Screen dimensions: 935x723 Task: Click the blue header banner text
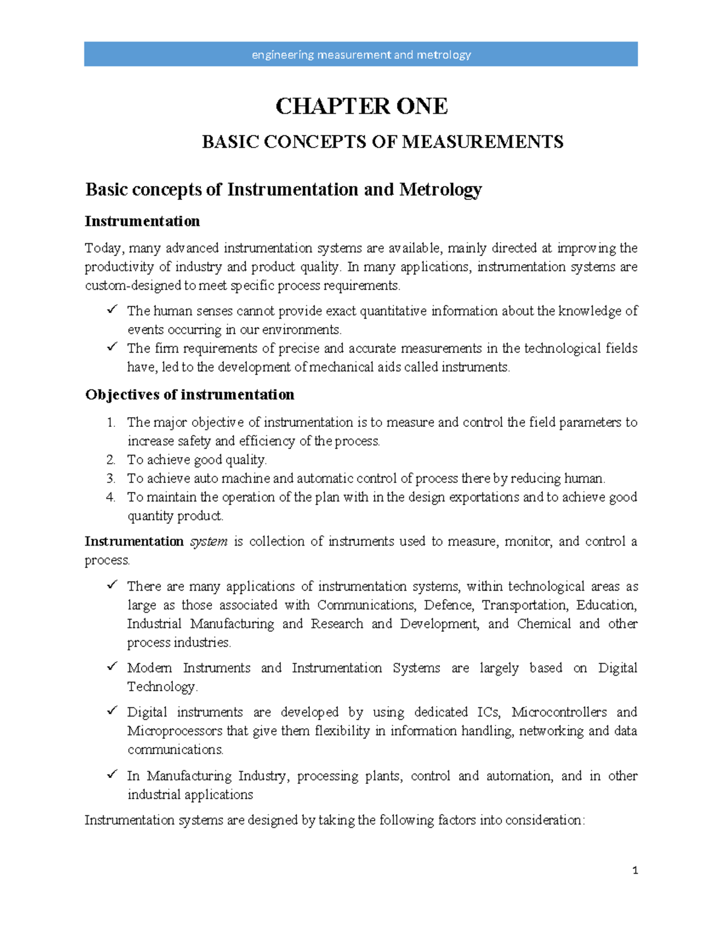click(361, 55)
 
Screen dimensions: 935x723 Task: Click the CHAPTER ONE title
click(361, 107)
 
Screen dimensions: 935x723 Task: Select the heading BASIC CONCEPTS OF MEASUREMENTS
click(383, 142)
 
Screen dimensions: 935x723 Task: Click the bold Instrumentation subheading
click(142, 222)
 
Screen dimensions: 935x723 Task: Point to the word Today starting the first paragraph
click(103, 248)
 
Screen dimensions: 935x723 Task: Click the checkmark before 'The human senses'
click(112, 309)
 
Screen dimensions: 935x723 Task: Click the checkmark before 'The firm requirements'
click(112, 347)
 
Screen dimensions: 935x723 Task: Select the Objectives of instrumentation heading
click(190, 395)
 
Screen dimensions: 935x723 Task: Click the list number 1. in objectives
click(111, 423)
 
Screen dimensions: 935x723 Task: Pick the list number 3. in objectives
click(111, 479)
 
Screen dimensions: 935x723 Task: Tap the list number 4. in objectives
click(111, 497)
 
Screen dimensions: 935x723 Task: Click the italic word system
click(208, 542)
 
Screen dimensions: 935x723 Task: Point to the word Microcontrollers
click(559, 712)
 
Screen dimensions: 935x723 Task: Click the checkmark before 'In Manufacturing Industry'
click(112, 774)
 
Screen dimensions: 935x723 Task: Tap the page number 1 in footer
click(635, 871)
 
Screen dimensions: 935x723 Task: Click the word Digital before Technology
click(618, 668)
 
